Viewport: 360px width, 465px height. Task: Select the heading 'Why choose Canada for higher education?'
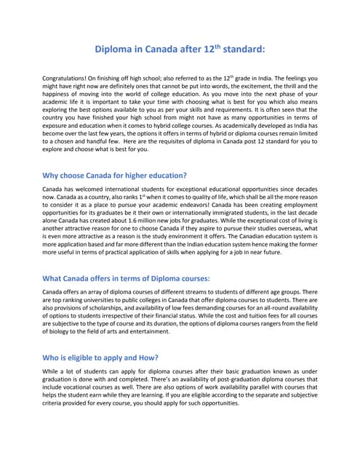click(115, 175)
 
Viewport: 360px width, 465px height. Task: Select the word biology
click(60, 331)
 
